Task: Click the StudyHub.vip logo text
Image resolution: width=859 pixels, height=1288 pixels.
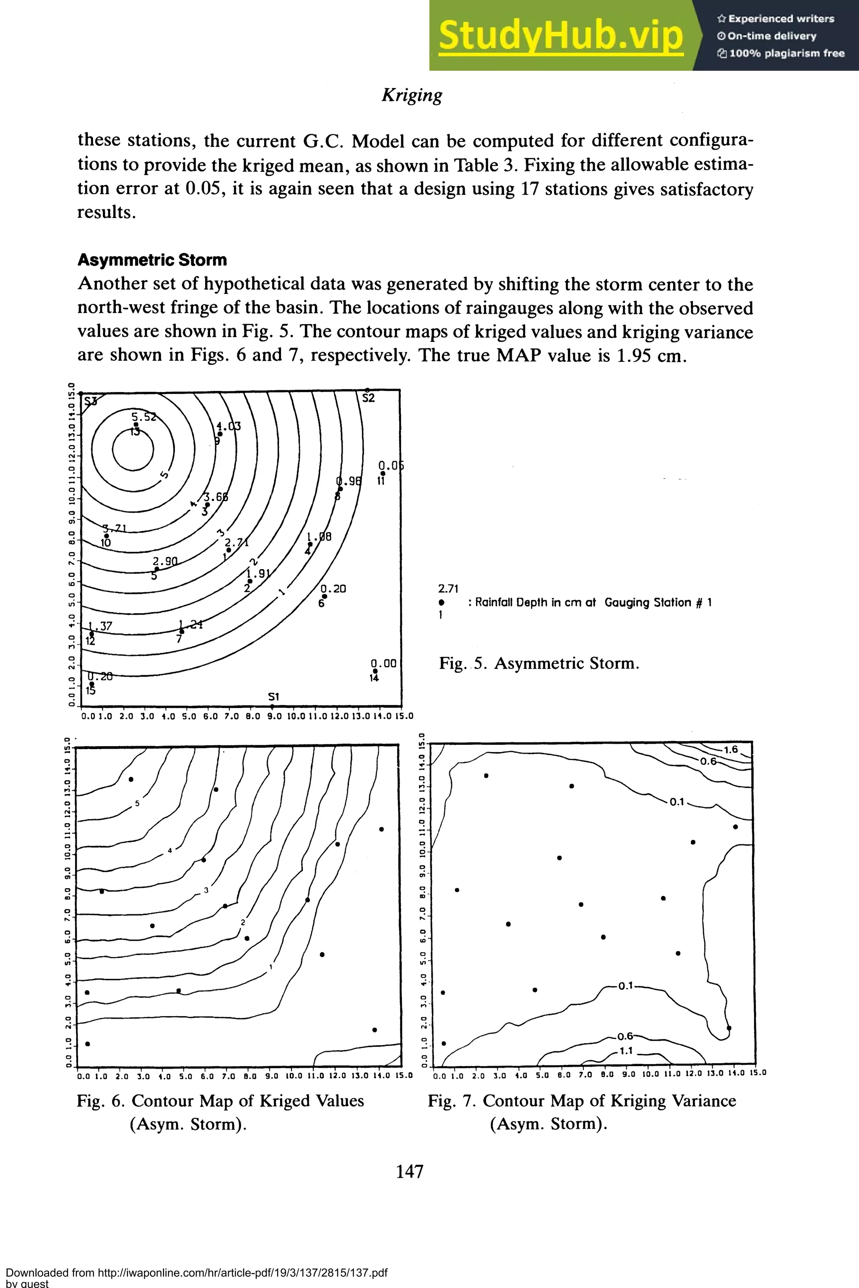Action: tap(560, 35)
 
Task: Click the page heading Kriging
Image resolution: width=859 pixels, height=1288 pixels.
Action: tap(412, 95)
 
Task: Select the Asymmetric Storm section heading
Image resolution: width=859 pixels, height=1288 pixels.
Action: tap(152, 260)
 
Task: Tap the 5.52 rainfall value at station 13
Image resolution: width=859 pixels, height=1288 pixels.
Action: tap(143, 416)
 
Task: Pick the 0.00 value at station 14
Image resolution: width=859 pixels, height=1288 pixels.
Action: tap(383, 663)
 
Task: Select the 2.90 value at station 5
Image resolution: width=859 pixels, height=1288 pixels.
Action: tap(165, 562)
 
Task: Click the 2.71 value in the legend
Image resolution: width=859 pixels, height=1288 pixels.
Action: tap(448, 589)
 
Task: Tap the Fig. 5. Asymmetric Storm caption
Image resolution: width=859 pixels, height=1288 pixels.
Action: tap(539, 664)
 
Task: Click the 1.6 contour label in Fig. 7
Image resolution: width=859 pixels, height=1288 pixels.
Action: tap(730, 749)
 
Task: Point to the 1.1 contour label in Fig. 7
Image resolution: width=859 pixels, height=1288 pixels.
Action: tap(626, 1051)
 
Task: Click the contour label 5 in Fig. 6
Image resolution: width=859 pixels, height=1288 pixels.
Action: tap(137, 804)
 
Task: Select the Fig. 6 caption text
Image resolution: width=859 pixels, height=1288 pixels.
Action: tap(220, 1111)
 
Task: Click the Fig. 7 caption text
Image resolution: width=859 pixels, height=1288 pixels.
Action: tap(582, 1111)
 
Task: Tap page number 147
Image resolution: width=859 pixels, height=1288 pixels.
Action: tap(410, 1171)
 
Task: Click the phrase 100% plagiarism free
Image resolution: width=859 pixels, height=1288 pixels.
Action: tap(787, 53)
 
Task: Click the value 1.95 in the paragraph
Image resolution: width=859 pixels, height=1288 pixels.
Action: tap(634, 356)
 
